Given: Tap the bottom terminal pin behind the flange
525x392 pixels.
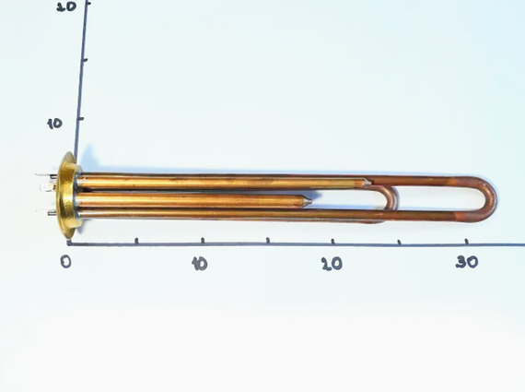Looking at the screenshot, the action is tap(51, 212).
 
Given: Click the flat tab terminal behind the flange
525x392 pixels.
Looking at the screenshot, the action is tap(48, 186).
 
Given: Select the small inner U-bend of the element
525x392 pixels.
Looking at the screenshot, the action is tap(393, 198).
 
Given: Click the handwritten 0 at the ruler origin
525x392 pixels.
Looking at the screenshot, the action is tap(66, 261).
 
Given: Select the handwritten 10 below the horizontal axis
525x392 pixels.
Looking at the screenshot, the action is tap(200, 264).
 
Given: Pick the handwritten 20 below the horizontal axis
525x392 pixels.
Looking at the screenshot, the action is tap(332, 264).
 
